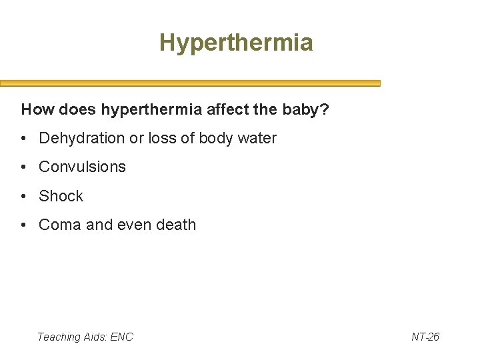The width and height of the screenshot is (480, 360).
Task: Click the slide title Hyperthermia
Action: click(236, 43)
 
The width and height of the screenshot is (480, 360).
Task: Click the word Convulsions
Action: click(82, 167)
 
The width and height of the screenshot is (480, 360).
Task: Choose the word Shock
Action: click(61, 196)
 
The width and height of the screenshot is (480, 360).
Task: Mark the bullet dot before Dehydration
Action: click(24, 139)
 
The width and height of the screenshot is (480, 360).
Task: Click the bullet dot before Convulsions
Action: click(24, 167)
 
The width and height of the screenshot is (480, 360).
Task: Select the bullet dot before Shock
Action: click(24, 197)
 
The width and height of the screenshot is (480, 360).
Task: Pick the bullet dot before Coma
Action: click(24, 225)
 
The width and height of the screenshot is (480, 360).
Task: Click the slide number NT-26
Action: click(425, 337)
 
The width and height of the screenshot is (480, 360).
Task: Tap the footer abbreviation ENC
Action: click(121, 337)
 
